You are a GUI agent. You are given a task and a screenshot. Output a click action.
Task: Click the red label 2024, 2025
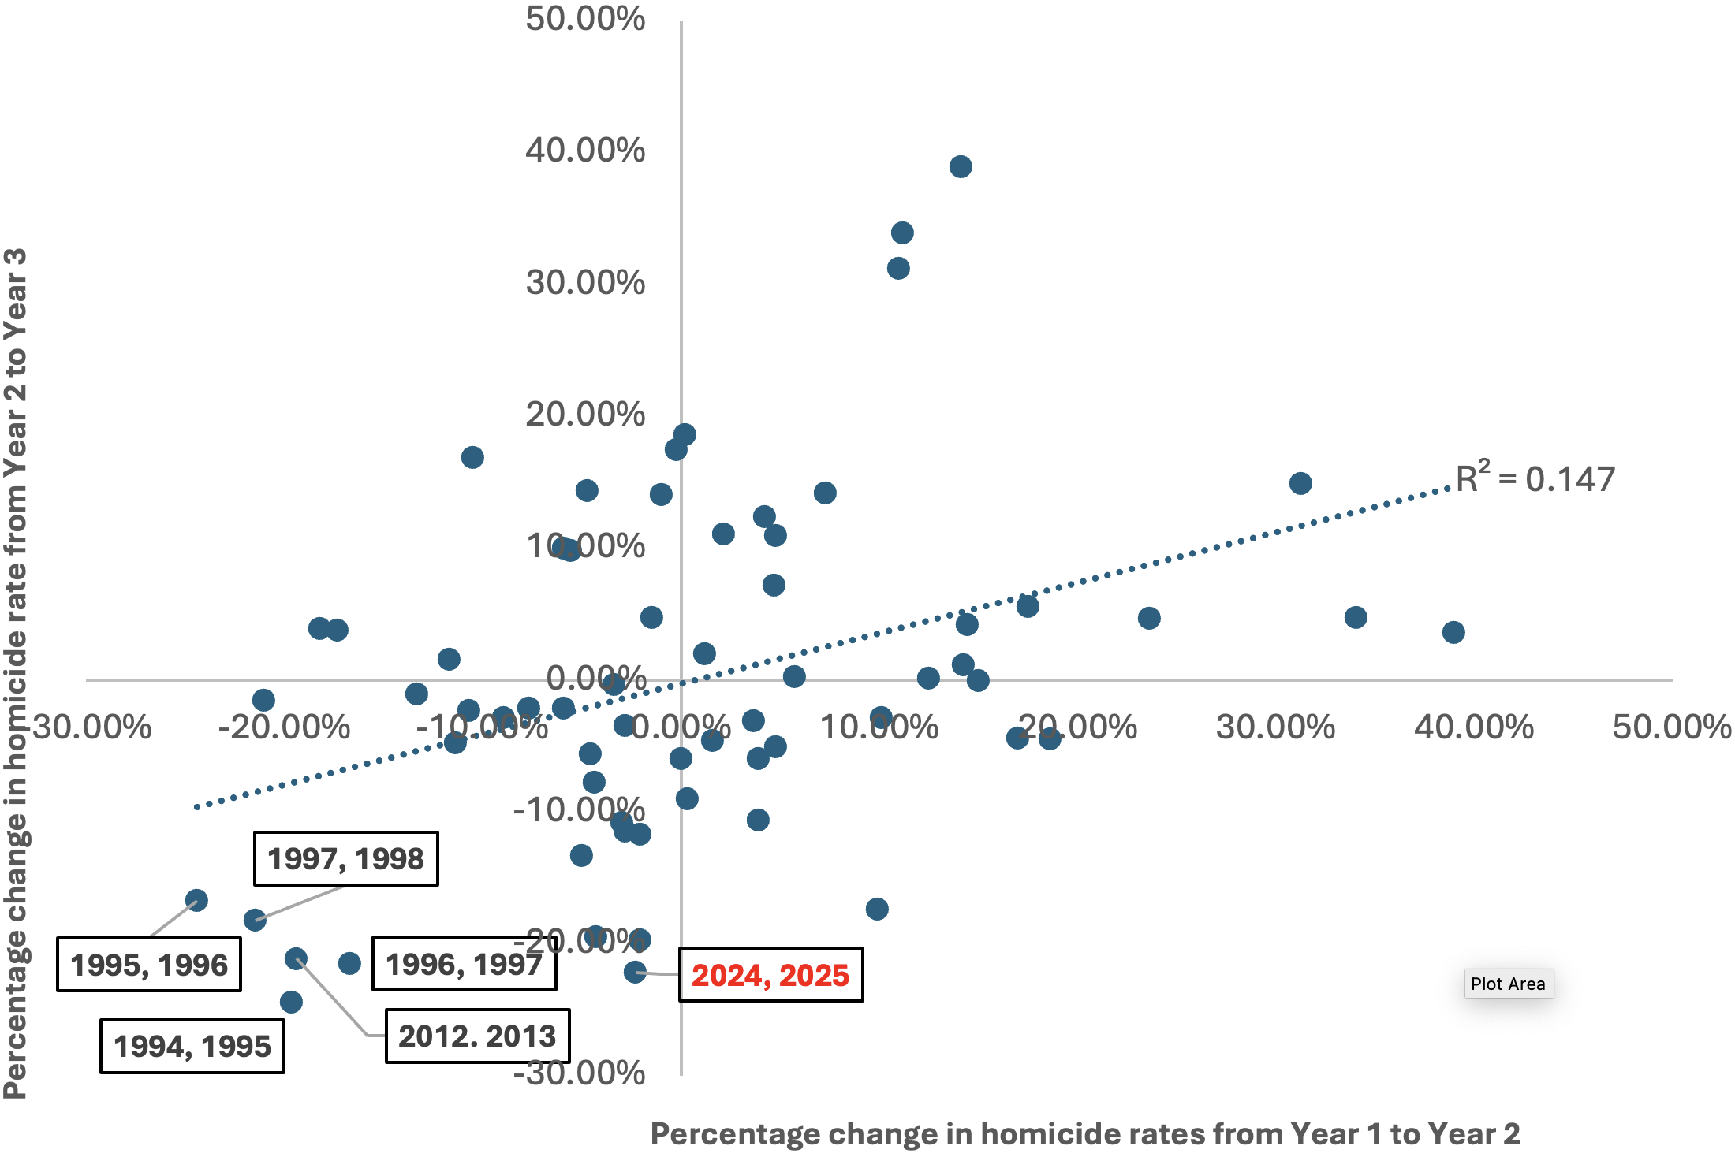[x=770, y=975]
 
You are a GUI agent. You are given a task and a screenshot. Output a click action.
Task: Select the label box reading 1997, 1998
[x=345, y=858]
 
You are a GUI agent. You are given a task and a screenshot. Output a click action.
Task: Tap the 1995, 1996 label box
[x=148, y=965]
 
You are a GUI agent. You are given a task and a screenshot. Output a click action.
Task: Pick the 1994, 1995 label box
[x=192, y=1047]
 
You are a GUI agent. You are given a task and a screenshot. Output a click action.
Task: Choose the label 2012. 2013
[x=477, y=1036]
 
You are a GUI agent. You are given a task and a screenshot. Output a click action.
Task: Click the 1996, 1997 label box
[x=464, y=964]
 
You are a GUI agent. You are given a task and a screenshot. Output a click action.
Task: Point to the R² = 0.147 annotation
[x=1535, y=478]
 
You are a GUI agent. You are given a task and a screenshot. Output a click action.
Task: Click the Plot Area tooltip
[x=1508, y=984]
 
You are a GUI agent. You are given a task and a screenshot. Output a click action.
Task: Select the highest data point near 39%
[x=961, y=166]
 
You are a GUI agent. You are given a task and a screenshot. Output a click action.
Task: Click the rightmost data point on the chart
[x=1453, y=632]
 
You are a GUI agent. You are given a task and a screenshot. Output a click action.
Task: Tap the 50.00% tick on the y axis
[x=585, y=19]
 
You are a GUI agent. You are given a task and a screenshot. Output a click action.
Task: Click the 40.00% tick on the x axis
[x=1473, y=727]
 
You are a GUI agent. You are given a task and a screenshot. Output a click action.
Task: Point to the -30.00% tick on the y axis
[x=579, y=1073]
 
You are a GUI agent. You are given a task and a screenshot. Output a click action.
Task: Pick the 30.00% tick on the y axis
[x=585, y=283]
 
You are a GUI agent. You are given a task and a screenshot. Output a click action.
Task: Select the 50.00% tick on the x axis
[x=1671, y=727]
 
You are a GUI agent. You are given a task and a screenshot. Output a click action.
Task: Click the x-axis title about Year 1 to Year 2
[x=1084, y=1133]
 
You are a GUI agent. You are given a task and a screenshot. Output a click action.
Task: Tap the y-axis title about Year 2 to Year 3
[x=16, y=674]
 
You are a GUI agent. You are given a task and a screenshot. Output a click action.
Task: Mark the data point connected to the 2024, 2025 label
[x=635, y=972]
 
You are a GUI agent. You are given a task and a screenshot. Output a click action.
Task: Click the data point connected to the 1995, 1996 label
[x=196, y=900]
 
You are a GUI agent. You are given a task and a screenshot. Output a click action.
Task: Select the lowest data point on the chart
[x=291, y=1002]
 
